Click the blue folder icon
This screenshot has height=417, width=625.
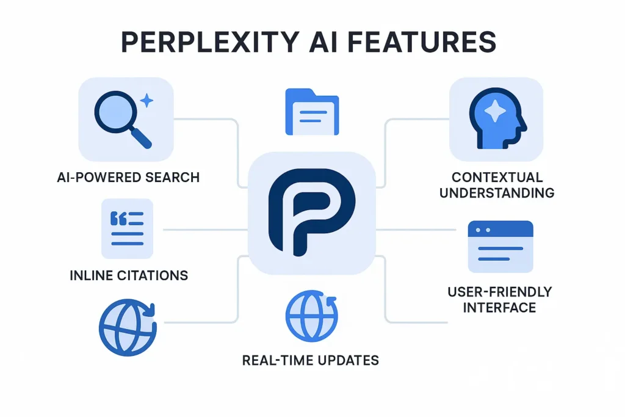pyautogui.click(x=312, y=112)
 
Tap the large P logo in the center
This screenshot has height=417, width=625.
pyautogui.click(x=311, y=211)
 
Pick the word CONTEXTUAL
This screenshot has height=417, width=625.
pyautogui.click(x=497, y=177)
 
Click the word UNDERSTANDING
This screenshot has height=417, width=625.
pyautogui.click(x=497, y=193)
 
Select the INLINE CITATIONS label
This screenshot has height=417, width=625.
pyautogui.click(x=128, y=275)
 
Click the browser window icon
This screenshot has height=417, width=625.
pyautogui.click(x=500, y=247)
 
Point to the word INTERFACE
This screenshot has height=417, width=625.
pyautogui.click(x=499, y=306)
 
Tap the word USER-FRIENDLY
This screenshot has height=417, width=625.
pyautogui.click(x=499, y=291)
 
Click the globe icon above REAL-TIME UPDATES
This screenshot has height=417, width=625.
pyautogui.click(x=311, y=316)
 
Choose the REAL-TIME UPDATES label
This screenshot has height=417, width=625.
pyautogui.click(x=310, y=360)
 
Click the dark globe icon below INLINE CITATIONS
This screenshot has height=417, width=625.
pyautogui.click(x=126, y=327)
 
